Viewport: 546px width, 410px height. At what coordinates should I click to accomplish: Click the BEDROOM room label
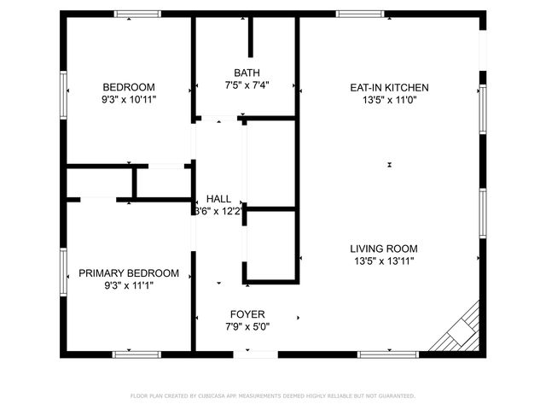click(x=129, y=87)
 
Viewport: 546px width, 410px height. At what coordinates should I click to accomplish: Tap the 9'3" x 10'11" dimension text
click(x=129, y=100)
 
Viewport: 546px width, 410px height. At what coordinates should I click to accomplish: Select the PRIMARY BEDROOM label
click(x=129, y=273)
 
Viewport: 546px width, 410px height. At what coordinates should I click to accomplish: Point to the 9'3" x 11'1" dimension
click(x=129, y=285)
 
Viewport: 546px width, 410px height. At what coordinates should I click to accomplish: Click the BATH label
click(x=247, y=73)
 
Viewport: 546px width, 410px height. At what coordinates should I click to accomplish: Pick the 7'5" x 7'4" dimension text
click(x=247, y=85)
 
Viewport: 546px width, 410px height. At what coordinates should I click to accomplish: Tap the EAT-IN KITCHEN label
click(x=389, y=87)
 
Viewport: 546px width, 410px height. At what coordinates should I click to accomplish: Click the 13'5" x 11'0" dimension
click(x=389, y=100)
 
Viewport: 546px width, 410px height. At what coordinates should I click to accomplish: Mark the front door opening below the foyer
click(x=254, y=354)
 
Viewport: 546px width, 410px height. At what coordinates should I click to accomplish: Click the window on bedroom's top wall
click(x=137, y=14)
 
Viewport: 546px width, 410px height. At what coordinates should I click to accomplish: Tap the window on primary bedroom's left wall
click(x=64, y=272)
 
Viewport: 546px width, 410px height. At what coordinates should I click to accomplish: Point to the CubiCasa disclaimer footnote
click(x=272, y=396)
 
